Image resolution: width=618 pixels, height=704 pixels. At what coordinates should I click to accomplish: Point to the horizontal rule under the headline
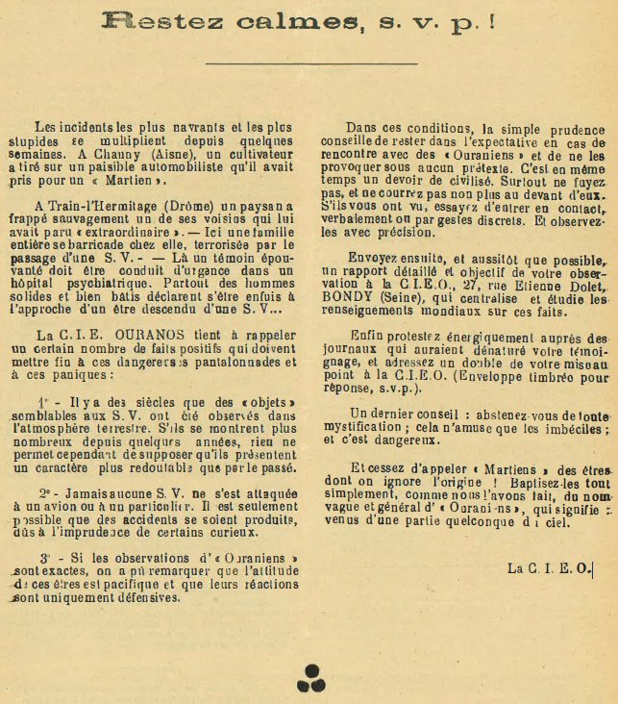click(311, 63)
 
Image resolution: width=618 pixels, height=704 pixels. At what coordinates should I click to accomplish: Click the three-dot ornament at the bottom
click(310, 678)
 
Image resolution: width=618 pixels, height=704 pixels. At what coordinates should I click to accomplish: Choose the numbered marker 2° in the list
click(43, 490)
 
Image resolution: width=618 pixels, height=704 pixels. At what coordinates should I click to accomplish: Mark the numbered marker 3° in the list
click(42, 557)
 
